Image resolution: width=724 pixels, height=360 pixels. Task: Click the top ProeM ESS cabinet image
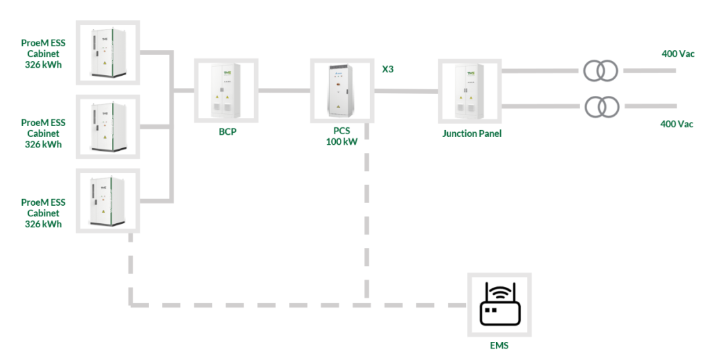point(108,52)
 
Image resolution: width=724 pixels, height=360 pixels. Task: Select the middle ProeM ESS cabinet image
point(108,127)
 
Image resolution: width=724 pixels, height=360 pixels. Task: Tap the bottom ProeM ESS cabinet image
point(108,200)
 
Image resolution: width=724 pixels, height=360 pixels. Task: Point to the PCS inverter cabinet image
point(342,91)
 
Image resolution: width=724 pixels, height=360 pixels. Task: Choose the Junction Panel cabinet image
point(470,91)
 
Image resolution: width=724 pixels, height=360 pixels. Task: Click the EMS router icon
point(499,304)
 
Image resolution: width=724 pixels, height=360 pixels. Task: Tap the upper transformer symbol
point(600,70)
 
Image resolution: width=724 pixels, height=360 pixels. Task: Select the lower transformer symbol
point(602,107)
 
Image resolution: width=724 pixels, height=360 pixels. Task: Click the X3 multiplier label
point(387,70)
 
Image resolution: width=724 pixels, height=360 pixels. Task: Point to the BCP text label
point(227,131)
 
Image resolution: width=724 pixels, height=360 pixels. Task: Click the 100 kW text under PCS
point(342,141)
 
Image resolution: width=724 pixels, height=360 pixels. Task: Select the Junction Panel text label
point(472,134)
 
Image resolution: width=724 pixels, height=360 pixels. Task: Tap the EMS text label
point(499,345)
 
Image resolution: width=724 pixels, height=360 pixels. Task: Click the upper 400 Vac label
point(678,54)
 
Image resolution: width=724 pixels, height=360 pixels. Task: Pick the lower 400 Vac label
point(676,124)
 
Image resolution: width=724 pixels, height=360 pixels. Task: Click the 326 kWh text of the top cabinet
point(44,64)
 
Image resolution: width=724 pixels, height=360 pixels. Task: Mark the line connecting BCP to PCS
point(284,91)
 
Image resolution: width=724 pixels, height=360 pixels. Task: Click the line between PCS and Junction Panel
point(406,91)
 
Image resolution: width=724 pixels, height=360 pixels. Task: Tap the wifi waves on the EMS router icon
point(499,291)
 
